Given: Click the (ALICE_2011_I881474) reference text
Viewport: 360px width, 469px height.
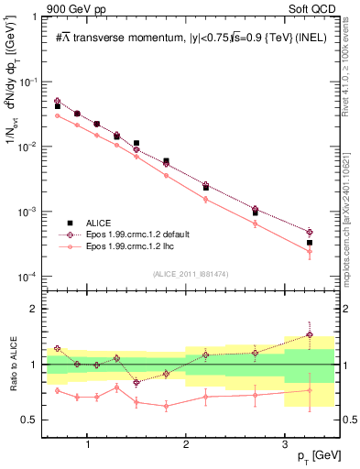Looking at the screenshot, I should click(x=190, y=273).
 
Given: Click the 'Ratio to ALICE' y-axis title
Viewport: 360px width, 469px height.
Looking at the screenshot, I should click(x=13, y=364).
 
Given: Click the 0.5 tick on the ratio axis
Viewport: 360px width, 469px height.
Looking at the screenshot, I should click(x=34, y=420).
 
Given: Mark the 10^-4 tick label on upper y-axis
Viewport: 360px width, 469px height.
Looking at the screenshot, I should click(x=31, y=277).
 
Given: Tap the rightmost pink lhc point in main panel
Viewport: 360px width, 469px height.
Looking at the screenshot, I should click(x=310, y=251).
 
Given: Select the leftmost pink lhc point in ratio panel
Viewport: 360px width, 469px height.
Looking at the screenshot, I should click(x=58, y=390).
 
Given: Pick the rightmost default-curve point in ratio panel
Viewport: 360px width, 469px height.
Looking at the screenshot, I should click(x=310, y=334).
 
